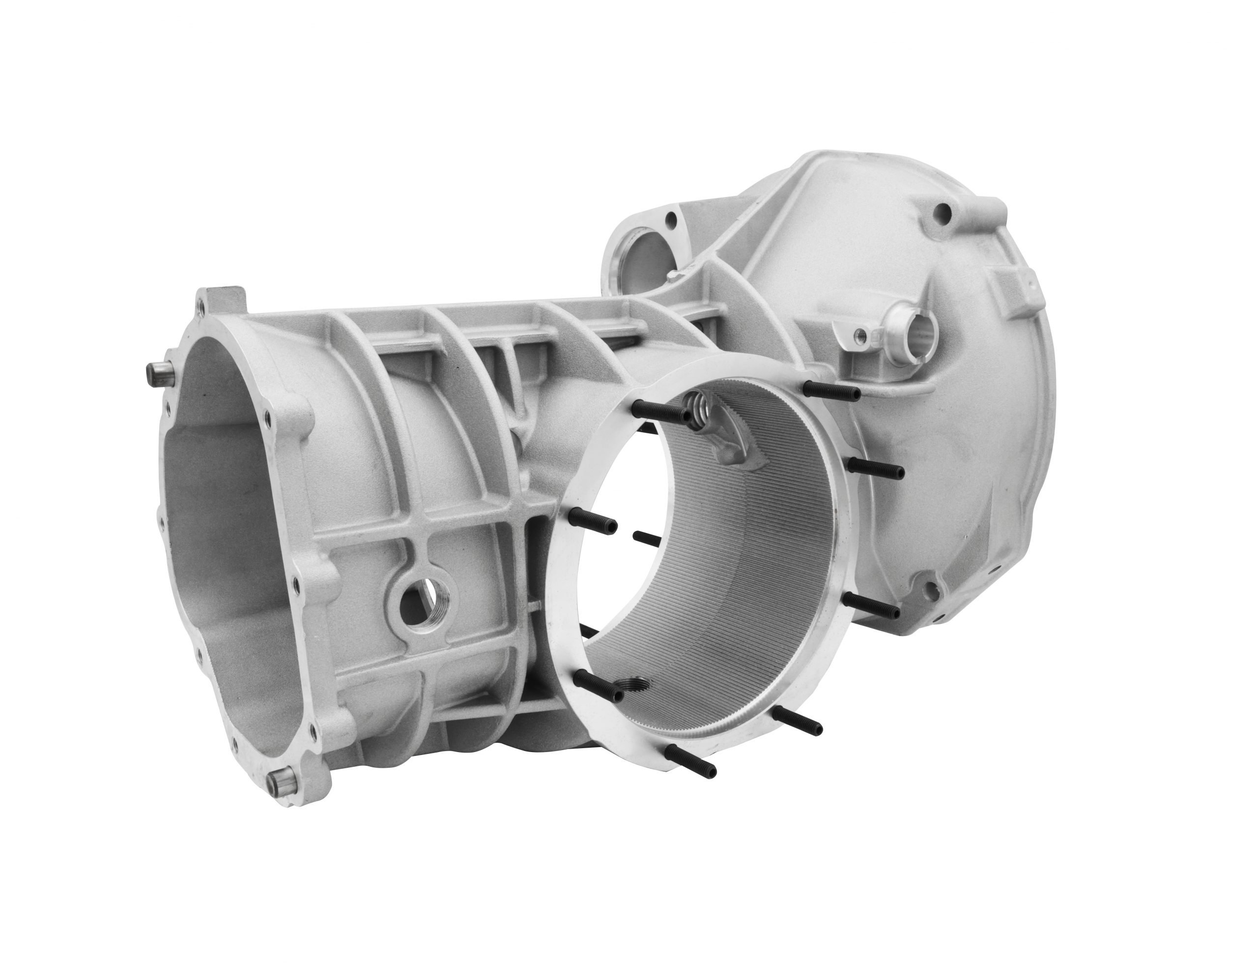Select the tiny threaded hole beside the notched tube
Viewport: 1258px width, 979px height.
tap(860, 334)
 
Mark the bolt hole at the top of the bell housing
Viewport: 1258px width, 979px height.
tap(943, 213)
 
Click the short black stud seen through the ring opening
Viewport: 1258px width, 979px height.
tap(646, 538)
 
